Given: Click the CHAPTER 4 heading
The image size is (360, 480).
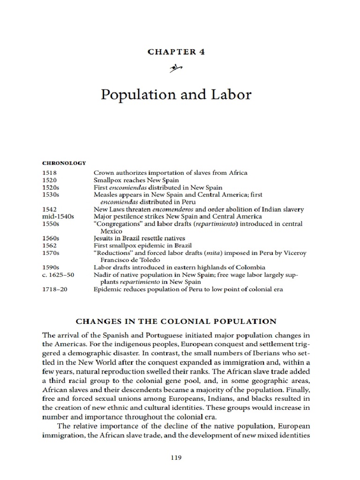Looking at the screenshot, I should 176,52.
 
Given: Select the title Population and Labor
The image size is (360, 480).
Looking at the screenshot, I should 176,95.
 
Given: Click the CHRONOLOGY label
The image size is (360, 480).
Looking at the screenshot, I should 64,163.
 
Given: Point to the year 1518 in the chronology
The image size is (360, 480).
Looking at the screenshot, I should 49,173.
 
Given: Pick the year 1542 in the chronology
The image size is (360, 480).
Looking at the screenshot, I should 49,209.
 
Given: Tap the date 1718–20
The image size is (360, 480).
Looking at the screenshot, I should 55,289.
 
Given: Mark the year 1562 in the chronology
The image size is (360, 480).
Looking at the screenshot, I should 49,246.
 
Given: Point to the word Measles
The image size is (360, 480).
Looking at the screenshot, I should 106,195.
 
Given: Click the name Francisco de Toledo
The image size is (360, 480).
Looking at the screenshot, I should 127,260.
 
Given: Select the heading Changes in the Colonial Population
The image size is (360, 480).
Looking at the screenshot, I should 176,322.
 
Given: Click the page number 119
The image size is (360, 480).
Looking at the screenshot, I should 176,458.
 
